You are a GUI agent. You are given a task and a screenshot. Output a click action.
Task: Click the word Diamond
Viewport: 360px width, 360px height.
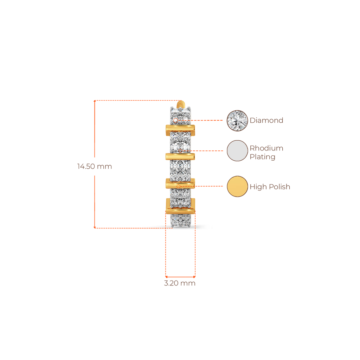[x=266, y=121]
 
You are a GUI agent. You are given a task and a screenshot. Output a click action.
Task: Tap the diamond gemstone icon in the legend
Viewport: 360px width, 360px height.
[x=237, y=121]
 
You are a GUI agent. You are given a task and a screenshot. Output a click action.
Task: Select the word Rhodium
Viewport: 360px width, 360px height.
[x=266, y=148]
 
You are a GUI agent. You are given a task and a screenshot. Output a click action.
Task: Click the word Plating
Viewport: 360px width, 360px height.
[x=262, y=157]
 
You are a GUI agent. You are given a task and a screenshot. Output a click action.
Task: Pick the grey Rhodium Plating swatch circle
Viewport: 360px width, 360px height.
[x=237, y=151]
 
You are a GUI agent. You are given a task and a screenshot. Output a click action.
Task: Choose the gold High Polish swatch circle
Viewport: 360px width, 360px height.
[x=237, y=186]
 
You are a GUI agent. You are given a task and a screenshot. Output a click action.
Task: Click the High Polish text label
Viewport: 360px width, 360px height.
[x=270, y=187]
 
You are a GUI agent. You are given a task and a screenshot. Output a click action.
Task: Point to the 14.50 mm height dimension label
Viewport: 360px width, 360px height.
[x=95, y=166]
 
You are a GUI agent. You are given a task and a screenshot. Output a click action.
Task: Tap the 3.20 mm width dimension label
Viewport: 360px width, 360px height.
[x=180, y=283]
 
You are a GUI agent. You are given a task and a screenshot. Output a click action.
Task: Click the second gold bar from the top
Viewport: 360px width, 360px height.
[x=180, y=156]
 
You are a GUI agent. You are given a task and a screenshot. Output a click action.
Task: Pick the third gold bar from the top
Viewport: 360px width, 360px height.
[x=180, y=184]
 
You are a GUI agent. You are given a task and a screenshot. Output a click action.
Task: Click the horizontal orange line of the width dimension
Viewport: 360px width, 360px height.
[x=180, y=276]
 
